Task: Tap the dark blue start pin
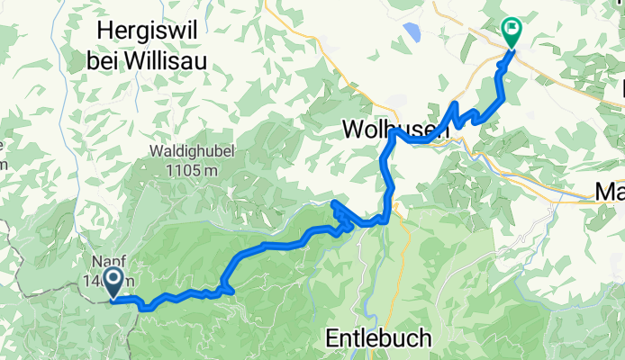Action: [x=113, y=282]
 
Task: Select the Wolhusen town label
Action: [x=395, y=130]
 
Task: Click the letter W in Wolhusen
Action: [x=353, y=130]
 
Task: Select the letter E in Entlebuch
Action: [x=331, y=339]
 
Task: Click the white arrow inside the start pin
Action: [x=113, y=279]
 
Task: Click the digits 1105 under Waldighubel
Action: [x=177, y=170]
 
